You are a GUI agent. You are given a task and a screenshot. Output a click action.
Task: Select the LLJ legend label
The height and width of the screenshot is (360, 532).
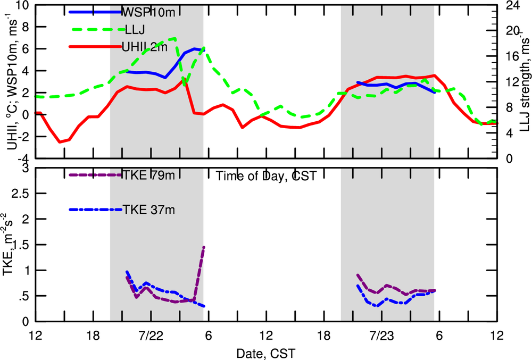click(x=133, y=30)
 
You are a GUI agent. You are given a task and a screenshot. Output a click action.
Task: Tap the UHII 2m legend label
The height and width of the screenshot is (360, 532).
click(x=145, y=47)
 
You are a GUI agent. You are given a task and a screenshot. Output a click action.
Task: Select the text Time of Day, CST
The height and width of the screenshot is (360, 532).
click(x=267, y=177)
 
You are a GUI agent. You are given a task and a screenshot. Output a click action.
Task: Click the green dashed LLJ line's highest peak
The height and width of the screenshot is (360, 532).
click(x=175, y=38)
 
